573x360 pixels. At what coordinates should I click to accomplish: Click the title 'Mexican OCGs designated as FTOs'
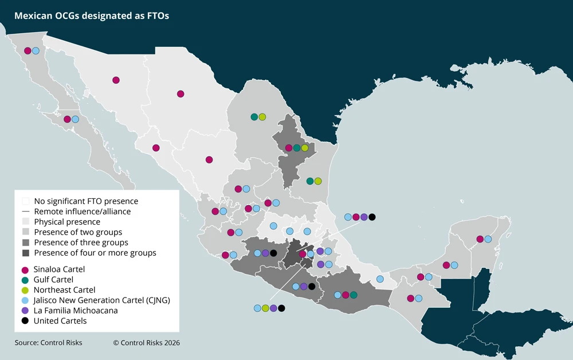point(92,15)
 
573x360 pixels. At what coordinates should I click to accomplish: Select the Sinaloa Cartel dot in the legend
point(25,269)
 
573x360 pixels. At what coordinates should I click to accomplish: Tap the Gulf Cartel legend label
point(53,279)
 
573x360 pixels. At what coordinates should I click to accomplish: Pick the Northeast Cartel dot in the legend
point(25,290)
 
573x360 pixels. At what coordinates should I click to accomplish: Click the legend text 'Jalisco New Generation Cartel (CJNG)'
point(102,300)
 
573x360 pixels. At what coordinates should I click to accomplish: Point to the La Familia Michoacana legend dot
point(25,311)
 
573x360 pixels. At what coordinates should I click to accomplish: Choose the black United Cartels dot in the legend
point(25,321)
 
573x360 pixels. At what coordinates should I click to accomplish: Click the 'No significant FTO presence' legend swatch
point(25,201)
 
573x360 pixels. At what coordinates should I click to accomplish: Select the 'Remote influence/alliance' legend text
point(83,212)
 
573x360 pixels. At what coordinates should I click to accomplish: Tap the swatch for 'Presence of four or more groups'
point(25,253)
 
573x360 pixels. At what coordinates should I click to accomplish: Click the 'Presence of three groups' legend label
point(81,242)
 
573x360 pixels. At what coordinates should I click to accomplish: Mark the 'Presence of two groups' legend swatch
point(25,232)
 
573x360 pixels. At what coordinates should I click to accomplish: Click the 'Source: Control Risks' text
point(48,343)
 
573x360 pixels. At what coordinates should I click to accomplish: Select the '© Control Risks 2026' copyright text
point(146,343)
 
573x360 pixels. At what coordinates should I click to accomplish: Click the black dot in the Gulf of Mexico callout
point(372,217)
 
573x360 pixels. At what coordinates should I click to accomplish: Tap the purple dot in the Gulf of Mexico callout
point(364,217)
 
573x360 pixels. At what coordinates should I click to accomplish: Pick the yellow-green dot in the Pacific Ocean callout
point(265,308)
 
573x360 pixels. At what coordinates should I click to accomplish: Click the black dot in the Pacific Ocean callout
point(281,308)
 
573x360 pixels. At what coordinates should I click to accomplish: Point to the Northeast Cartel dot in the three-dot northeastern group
point(305,148)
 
